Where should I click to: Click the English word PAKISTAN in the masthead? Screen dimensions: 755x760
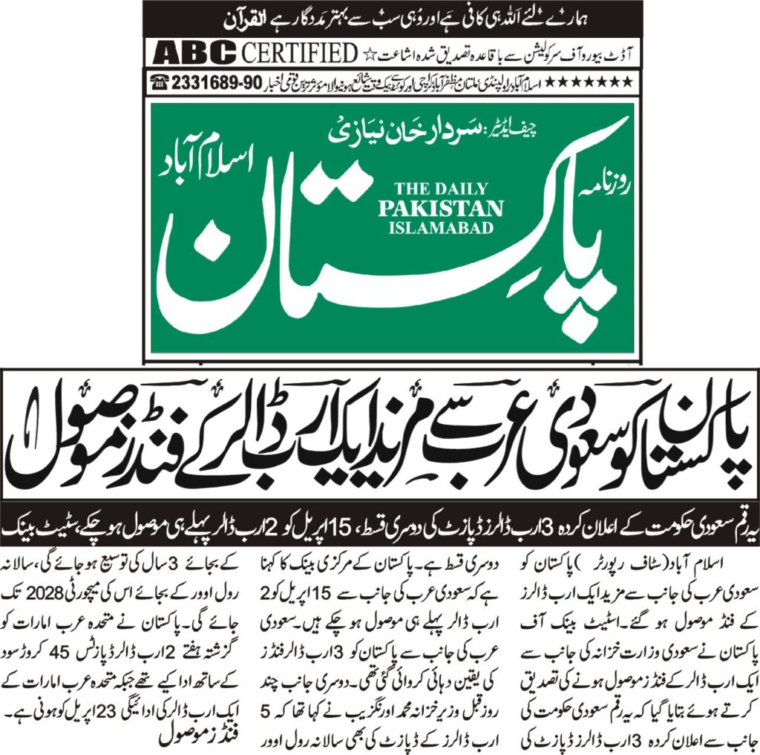(441, 208)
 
